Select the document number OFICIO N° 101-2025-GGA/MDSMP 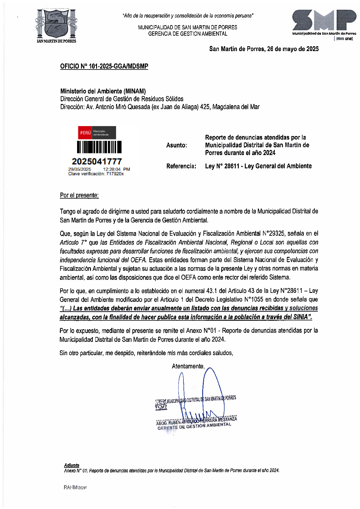coord(104,66)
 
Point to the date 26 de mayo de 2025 coord(293,49)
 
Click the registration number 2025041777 coord(97,161)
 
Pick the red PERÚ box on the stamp coord(85,133)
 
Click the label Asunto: coord(177,145)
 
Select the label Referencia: coord(181,166)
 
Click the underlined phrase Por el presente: coord(79,195)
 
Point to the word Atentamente coord(188,366)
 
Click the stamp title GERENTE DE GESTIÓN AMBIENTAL coord(194,426)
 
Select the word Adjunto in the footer coord(72,465)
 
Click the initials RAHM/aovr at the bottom coord(75,487)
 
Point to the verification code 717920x coord(115,174)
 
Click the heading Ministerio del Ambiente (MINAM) coord(103,91)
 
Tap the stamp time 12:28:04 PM coord(116,169)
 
